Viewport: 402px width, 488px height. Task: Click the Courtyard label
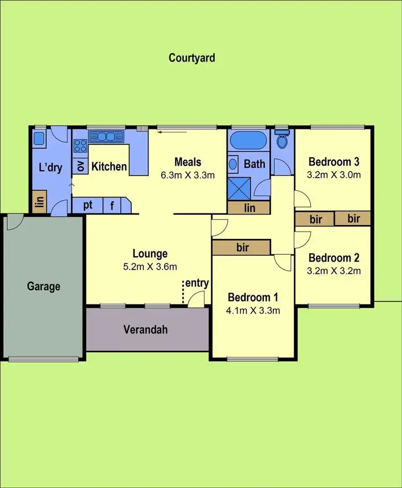coord(192,58)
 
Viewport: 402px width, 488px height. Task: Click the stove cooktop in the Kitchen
coord(80,145)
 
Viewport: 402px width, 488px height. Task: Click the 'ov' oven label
coord(81,165)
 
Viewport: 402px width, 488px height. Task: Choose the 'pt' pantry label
coord(88,205)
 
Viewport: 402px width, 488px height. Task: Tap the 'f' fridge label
coord(112,205)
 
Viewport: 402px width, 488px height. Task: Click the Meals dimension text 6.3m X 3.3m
coord(188,174)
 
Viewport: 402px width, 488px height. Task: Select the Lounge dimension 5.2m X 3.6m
coord(151,266)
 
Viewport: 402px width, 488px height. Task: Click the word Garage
coord(43,286)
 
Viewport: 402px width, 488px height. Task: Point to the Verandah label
coord(146,329)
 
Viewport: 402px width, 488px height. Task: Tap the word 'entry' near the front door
coord(197,283)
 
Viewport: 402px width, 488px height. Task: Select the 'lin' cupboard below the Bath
coord(250,208)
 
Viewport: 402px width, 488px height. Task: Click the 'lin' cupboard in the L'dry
coord(39,203)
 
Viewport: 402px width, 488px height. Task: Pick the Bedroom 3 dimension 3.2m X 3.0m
coord(333,174)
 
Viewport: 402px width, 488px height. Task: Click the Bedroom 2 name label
coord(333,257)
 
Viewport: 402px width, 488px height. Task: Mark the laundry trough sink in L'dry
coord(39,139)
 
